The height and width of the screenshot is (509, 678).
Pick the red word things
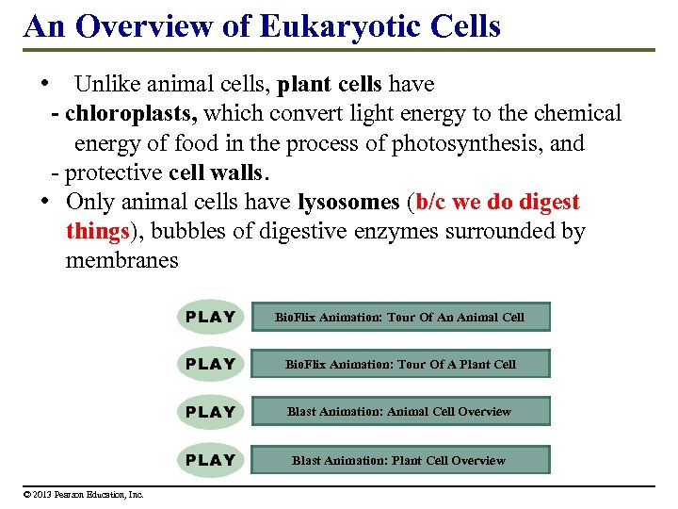click(x=96, y=231)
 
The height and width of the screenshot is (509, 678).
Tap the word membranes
click(x=121, y=260)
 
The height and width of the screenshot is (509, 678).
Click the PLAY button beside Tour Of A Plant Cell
click(x=211, y=364)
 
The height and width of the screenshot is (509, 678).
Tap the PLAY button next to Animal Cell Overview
click(x=211, y=412)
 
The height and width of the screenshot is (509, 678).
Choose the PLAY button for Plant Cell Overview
click(x=211, y=460)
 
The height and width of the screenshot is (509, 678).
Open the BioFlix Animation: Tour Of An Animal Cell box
click(x=399, y=317)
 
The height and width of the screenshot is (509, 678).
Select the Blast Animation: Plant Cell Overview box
click(x=399, y=460)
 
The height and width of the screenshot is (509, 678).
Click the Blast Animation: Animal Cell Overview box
click(x=399, y=412)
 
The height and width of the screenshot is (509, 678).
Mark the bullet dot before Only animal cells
click(x=44, y=202)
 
